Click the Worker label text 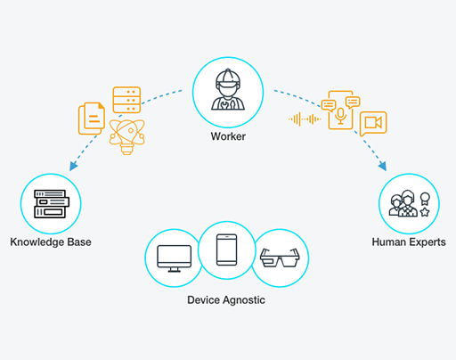228,136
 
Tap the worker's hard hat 228,77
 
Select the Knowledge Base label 51,242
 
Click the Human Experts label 409,242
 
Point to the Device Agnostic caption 226,300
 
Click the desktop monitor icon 175,258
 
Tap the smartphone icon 227,250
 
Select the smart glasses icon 280,258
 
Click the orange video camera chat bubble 373,124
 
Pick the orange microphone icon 340,116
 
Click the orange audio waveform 305,119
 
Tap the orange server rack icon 126,100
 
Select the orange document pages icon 92,119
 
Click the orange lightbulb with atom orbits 126,136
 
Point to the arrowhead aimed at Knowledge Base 73,166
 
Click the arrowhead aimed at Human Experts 382,166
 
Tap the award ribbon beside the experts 425,199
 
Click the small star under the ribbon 425,212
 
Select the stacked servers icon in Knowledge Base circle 52,204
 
